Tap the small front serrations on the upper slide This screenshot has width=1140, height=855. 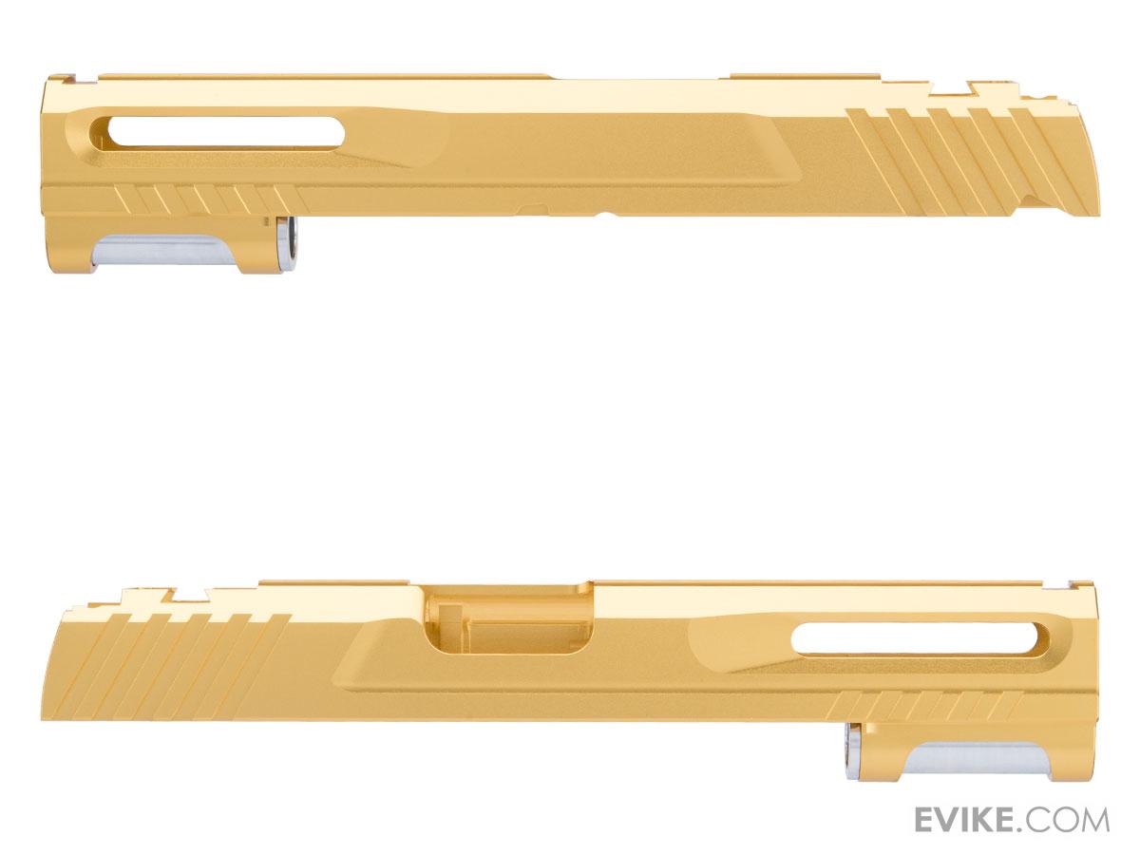pyautogui.click(x=211, y=199)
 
